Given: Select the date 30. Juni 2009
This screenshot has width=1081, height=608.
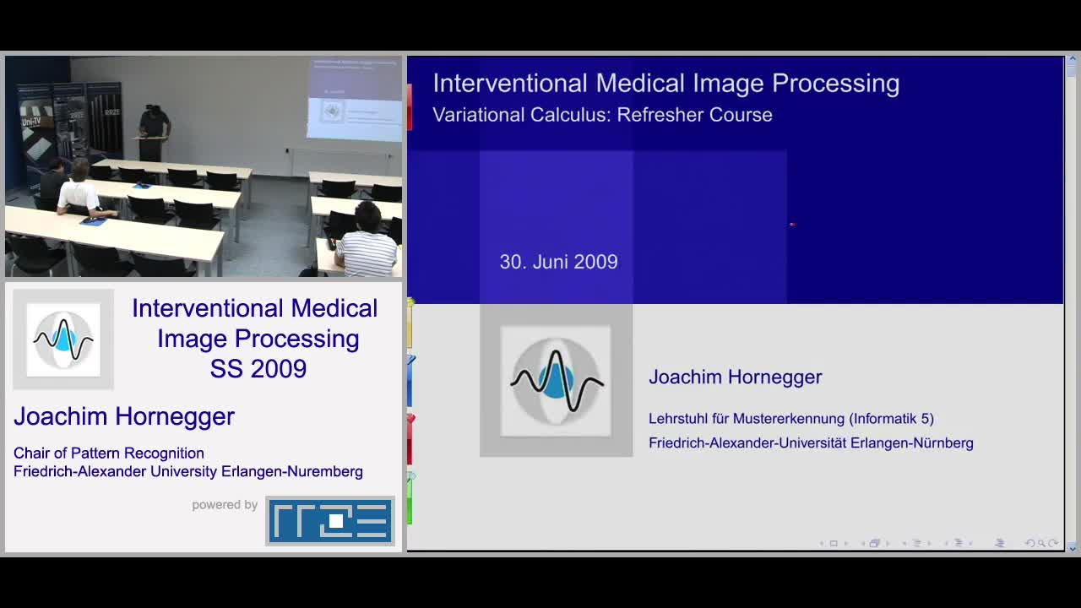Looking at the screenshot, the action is (558, 262).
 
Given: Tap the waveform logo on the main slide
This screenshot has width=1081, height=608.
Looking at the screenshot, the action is (556, 381).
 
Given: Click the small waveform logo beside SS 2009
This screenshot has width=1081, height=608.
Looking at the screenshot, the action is (63, 339).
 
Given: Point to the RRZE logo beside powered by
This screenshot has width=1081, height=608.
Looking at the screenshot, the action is (330, 521).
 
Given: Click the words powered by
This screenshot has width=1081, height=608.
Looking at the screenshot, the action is (225, 505).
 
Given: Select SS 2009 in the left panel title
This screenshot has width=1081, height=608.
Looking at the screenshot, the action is (258, 369).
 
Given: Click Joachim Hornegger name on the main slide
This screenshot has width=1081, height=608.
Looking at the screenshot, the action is (735, 377).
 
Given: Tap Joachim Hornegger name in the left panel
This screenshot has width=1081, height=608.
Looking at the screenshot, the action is (124, 416).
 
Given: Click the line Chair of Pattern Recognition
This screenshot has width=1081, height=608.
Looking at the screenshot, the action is (109, 453).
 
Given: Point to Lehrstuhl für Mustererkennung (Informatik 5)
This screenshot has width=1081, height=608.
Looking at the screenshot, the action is (791, 418).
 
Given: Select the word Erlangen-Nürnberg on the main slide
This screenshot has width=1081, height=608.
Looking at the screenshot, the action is (911, 443).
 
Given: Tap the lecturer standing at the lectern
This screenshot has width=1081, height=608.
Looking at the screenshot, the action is (154, 133).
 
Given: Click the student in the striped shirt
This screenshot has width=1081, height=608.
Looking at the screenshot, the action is (366, 242).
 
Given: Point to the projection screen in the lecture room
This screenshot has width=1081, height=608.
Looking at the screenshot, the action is (355, 99).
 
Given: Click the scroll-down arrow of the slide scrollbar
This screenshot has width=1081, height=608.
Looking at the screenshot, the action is (1072, 548).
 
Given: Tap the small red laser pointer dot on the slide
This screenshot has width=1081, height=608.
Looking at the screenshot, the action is (792, 225).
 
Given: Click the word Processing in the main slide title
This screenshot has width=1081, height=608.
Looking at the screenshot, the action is (835, 84).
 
